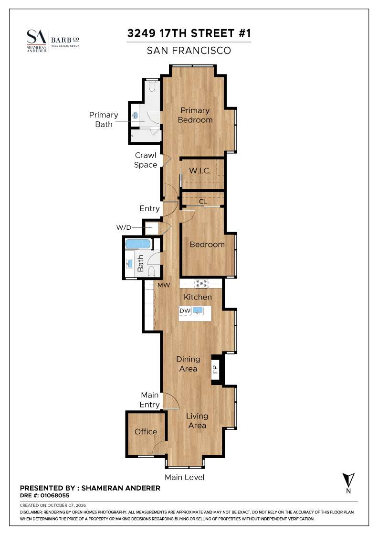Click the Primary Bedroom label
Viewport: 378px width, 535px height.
coord(195,115)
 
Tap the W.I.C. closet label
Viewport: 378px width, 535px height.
coord(199,171)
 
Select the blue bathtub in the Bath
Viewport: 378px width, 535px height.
coord(138,244)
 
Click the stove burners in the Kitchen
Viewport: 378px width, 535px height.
coord(201,283)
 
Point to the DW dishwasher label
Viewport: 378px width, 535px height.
coord(185,311)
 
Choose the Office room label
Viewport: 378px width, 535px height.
coord(146,432)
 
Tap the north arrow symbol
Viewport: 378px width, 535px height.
coord(348,482)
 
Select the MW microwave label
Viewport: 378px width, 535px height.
coord(164,285)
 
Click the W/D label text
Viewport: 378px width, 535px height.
coord(124,227)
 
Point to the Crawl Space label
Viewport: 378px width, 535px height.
coord(146,160)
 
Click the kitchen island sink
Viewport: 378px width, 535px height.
coord(198,311)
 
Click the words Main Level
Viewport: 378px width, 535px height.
coord(184,477)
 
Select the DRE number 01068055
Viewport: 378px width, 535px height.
coord(54,495)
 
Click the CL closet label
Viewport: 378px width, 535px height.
coord(203,202)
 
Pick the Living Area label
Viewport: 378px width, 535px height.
coord(197,421)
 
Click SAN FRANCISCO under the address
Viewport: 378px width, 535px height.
coord(189,51)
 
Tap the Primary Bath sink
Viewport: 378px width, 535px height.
coord(135,116)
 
